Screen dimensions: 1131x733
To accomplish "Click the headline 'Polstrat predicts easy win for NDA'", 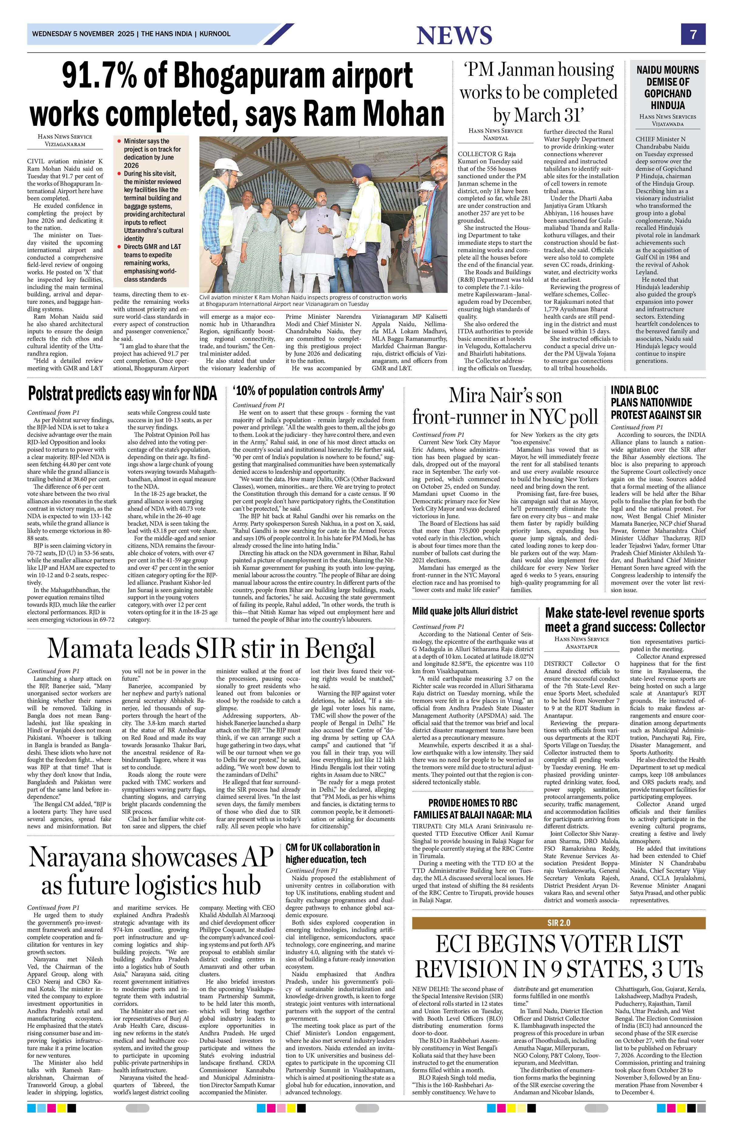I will point(122,394).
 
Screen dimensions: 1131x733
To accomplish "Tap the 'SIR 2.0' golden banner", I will point(559,923).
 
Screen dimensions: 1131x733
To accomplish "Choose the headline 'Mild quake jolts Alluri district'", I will point(464,611).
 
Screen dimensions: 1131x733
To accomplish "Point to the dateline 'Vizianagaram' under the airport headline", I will point(65,143).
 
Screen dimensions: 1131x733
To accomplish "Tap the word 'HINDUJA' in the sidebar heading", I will point(667,105).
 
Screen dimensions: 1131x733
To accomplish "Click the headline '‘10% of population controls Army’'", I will point(308,391).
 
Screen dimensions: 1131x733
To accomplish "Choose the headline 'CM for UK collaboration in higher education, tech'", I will point(333,853).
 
